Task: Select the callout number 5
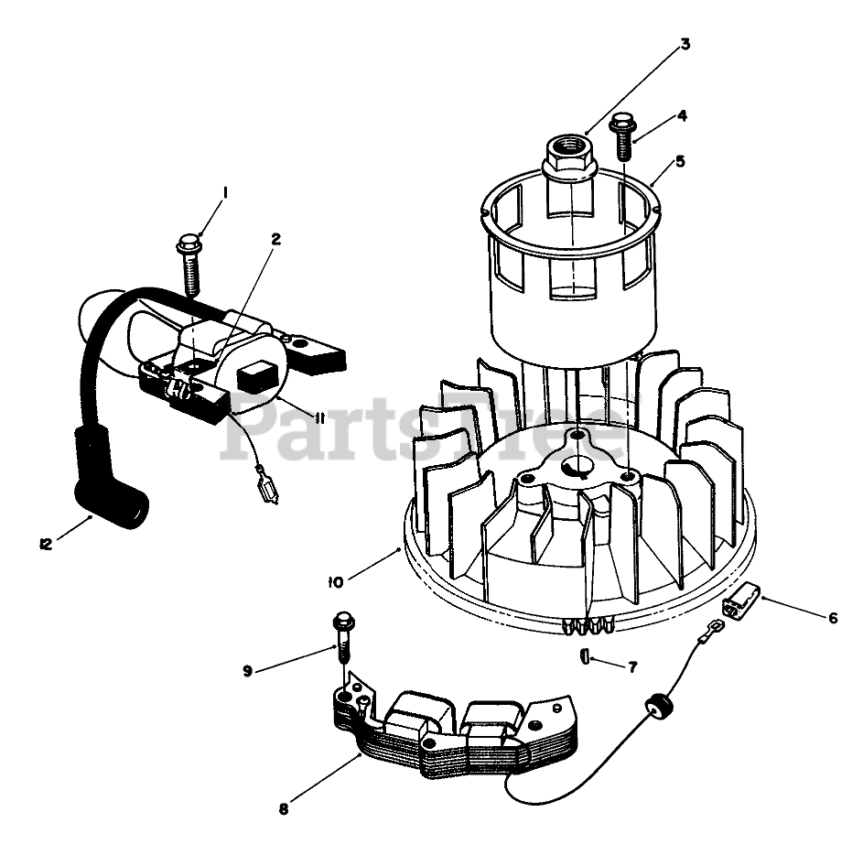tap(678, 160)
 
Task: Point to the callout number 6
tap(833, 618)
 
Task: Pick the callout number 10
tap(336, 580)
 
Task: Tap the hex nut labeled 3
tap(569, 157)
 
